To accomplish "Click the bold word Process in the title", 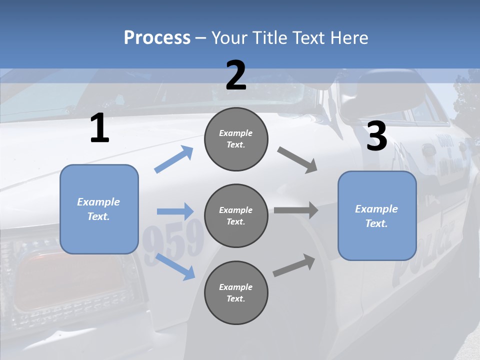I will click(157, 37).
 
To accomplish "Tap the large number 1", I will click(99, 128).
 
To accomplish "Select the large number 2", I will click(236, 75).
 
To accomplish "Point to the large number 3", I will click(377, 136).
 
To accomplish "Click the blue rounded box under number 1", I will click(99, 209).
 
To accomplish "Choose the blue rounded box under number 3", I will click(377, 215).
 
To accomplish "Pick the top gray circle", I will click(236, 139).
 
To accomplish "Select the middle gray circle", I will click(236, 215).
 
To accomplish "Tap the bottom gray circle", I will click(236, 292).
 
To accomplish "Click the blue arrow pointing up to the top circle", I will click(174, 159).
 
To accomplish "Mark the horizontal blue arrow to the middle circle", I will click(175, 211).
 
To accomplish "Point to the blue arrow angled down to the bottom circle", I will click(175, 266).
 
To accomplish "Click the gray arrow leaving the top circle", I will click(297, 159).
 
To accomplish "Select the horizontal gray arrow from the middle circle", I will click(296, 210).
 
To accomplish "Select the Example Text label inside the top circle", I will click(236, 139).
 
